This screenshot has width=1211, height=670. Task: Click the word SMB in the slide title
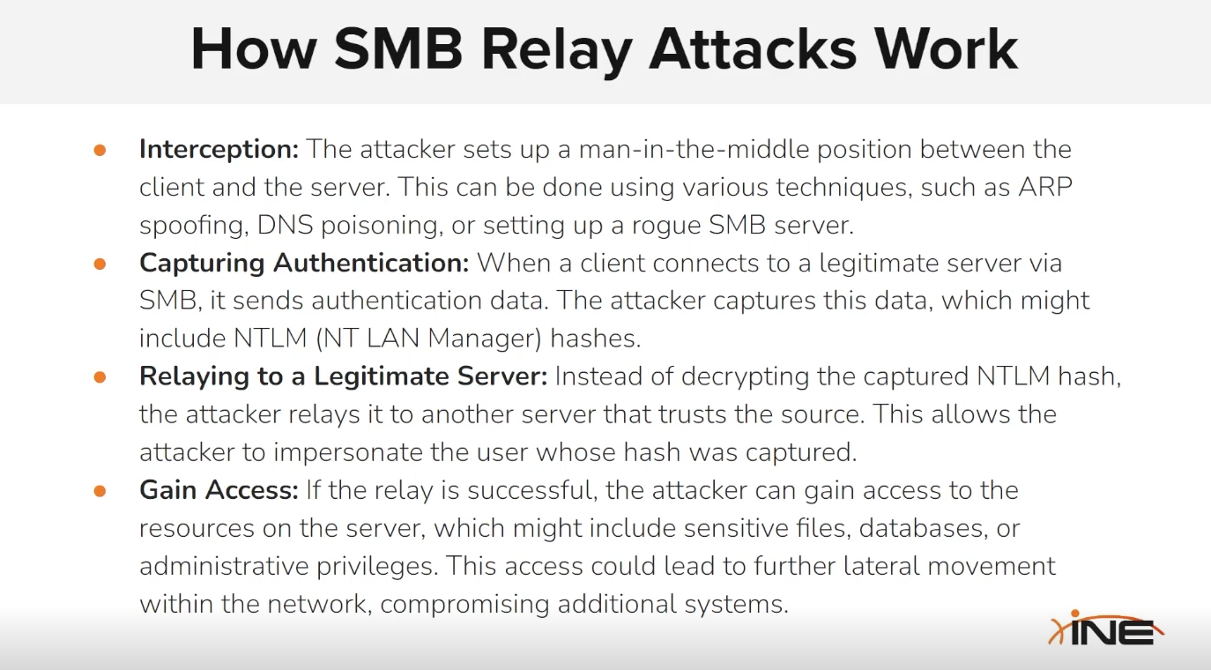(398, 49)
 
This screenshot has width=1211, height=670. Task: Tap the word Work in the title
(947, 49)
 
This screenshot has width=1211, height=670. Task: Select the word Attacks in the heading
(753, 49)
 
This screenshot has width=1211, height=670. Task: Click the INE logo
(1106, 628)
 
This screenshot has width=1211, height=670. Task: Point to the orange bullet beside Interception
(100, 150)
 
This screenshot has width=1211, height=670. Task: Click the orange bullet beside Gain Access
(100, 490)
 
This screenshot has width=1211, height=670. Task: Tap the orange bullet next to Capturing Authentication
(100, 264)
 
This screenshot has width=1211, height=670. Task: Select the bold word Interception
(219, 150)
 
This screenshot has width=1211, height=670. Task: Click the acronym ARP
(1045, 187)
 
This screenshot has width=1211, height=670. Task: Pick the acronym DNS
(285, 225)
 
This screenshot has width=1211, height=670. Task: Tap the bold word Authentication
(371, 263)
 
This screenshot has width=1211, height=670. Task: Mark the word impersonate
(347, 452)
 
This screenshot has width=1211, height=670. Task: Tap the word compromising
(464, 604)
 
